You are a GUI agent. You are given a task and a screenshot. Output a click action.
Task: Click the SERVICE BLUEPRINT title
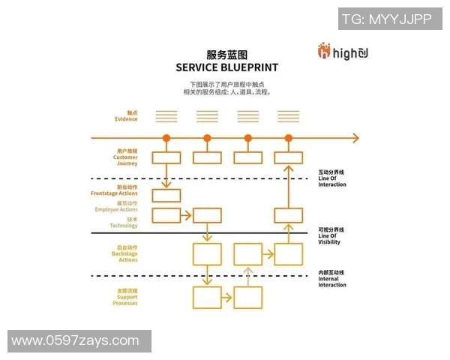pos(226,67)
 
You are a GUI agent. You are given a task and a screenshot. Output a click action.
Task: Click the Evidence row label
pos(126,116)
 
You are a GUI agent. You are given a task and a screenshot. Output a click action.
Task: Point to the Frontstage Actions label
pos(114,191)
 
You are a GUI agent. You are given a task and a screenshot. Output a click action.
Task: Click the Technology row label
pos(124,223)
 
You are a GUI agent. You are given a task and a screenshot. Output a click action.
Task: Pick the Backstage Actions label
pos(125,253)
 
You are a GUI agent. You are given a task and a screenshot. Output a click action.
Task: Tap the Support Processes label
pos(124,297)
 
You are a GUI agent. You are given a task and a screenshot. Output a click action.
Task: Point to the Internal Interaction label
pos(332,278)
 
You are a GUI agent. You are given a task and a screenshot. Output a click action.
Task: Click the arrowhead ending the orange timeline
pos(355,138)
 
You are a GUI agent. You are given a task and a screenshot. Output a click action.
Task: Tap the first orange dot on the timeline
pos(166,138)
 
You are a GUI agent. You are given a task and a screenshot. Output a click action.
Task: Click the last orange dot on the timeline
pos(289,138)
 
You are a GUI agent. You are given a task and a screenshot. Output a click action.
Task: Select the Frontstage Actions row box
pos(166,196)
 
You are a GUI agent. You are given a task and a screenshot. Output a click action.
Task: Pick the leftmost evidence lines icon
pos(166,116)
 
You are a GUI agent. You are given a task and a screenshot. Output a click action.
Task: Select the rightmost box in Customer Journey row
pos(289,157)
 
